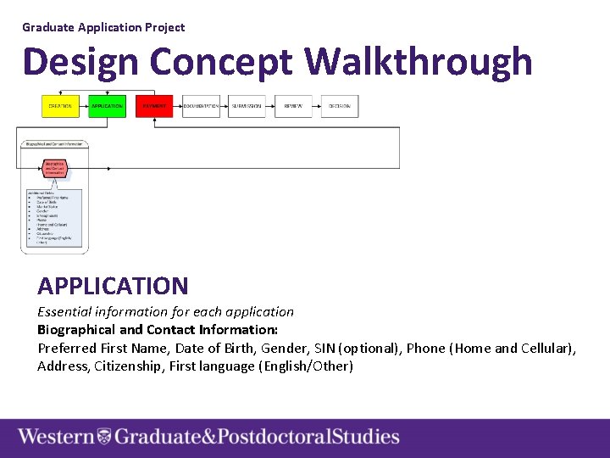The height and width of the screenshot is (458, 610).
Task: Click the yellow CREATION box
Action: (60, 106)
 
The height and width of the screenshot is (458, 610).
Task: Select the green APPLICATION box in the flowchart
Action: (107, 106)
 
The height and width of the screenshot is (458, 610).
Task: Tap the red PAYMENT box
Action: (154, 106)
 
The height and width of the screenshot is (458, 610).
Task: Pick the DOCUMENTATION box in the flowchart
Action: (201, 106)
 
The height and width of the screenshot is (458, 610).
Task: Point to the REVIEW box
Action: (293, 106)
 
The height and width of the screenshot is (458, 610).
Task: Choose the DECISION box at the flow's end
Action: (340, 106)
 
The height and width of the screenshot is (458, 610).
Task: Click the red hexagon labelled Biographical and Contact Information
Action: (55, 168)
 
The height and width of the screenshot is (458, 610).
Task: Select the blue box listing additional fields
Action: (53, 219)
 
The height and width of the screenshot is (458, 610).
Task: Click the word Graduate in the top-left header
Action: (48, 27)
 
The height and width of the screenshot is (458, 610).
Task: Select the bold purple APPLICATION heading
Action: (113, 287)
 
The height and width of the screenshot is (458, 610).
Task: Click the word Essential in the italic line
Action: (64, 311)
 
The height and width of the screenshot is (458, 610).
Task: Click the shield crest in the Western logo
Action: (103, 437)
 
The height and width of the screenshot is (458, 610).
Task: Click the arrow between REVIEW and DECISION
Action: (317, 106)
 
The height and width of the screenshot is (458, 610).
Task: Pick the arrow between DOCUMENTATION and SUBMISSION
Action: (225, 106)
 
